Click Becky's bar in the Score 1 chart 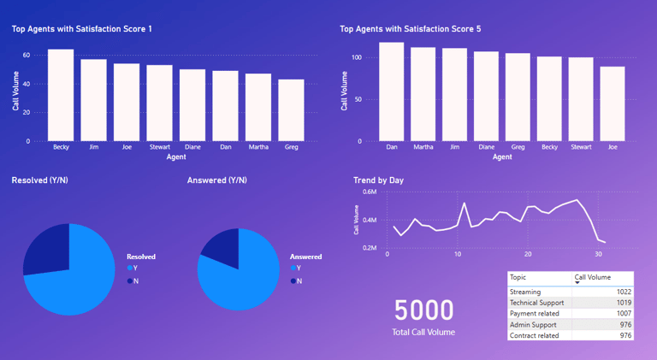click(61, 94)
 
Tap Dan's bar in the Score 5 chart click(392, 91)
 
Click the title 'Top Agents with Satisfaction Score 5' click(410, 29)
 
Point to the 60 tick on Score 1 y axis click(27, 55)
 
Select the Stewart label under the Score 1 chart click(159, 147)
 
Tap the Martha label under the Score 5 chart click(423, 147)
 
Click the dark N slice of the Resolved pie click(44, 248)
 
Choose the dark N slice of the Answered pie click(221, 244)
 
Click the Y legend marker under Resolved click(130, 269)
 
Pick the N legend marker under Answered click(293, 280)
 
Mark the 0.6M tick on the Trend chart click(370, 192)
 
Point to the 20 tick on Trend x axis click(528, 254)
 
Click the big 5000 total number click(424, 310)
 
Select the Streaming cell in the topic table click(525, 292)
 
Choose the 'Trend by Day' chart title click(378, 180)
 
